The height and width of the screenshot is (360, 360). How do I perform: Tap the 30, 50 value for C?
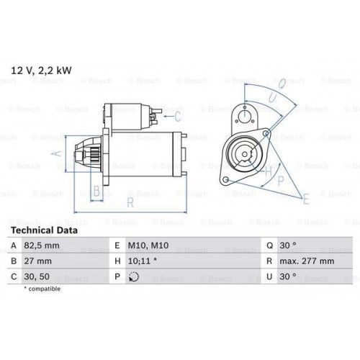click(39, 276)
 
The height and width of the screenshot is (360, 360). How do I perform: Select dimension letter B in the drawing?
click(96, 191)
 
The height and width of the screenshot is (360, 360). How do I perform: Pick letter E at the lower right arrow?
click(305, 198)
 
